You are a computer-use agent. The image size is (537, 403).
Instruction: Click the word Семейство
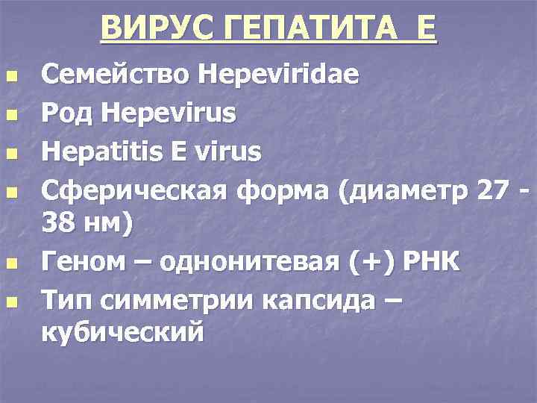[x=113, y=75]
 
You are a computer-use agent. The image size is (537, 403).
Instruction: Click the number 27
[x=494, y=193]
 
